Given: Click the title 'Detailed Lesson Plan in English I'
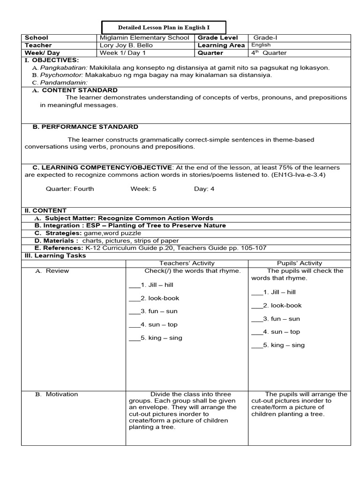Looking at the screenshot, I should coord(164,28).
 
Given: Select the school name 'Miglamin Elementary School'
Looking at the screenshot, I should coord(144,38).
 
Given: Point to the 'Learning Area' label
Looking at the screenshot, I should coord(221,45).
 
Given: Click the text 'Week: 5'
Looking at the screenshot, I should coord(143,189).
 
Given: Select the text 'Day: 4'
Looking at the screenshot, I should coord(204,189).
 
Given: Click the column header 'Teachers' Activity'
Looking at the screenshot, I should coord(187,263).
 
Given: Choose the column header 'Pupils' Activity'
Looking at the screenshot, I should coord(300,263).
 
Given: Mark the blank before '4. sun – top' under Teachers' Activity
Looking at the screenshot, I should coord(135,325).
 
